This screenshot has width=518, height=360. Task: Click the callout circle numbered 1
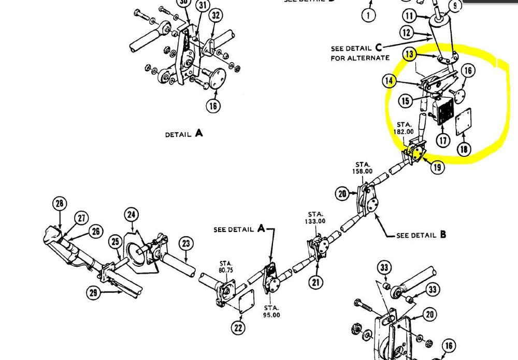tap(368, 15)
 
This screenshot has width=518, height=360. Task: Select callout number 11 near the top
tap(410, 16)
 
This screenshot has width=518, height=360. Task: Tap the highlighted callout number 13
tap(410, 54)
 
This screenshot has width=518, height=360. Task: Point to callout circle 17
tap(428, 140)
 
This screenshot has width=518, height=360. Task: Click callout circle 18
tap(463, 149)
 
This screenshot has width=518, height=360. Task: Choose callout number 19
tap(438, 167)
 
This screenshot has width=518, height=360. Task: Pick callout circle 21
tap(315, 282)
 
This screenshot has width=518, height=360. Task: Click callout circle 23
tap(186, 242)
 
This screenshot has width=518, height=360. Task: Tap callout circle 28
tap(60, 203)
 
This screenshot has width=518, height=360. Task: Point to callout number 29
tap(93, 293)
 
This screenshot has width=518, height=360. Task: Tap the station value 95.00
tap(271, 314)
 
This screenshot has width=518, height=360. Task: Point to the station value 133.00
tap(315, 221)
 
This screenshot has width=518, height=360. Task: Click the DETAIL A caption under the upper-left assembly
tap(184, 134)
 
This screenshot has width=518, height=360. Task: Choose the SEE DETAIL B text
tap(421, 235)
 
